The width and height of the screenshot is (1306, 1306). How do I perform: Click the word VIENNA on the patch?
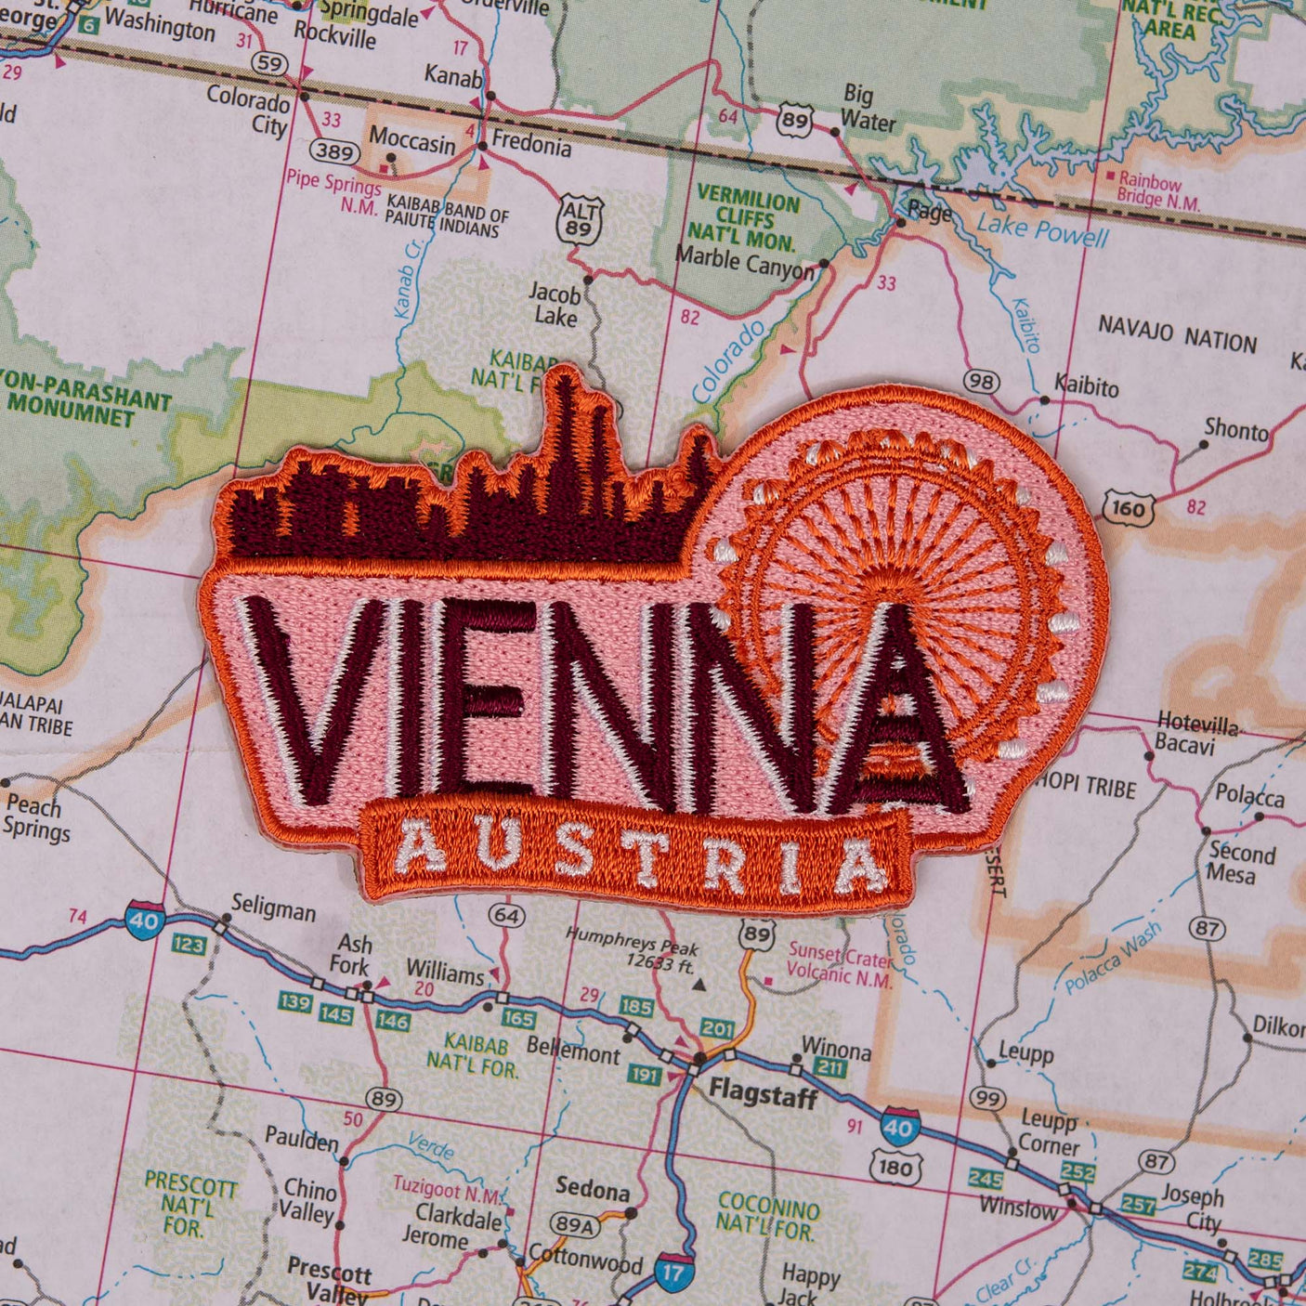[594, 706]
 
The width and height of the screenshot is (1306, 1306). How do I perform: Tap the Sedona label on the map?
[592, 1188]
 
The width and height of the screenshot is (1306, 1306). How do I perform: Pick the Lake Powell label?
[1042, 229]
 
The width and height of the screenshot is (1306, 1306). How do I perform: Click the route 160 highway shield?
[1127, 507]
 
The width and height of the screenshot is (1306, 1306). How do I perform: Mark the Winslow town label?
[1018, 1208]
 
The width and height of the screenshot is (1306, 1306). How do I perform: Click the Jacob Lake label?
[555, 306]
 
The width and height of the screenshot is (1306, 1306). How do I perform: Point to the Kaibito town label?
[1086, 385]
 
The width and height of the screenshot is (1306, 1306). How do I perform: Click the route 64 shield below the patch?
[506, 915]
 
